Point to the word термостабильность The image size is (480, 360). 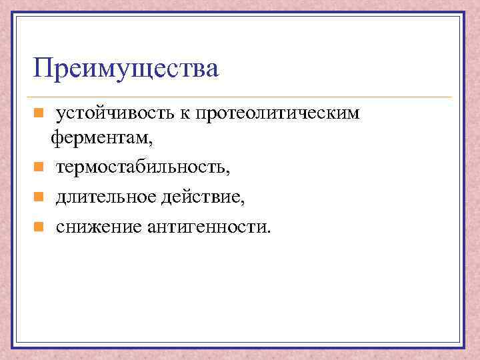(x=141, y=168)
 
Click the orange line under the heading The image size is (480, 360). (x=240, y=97)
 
